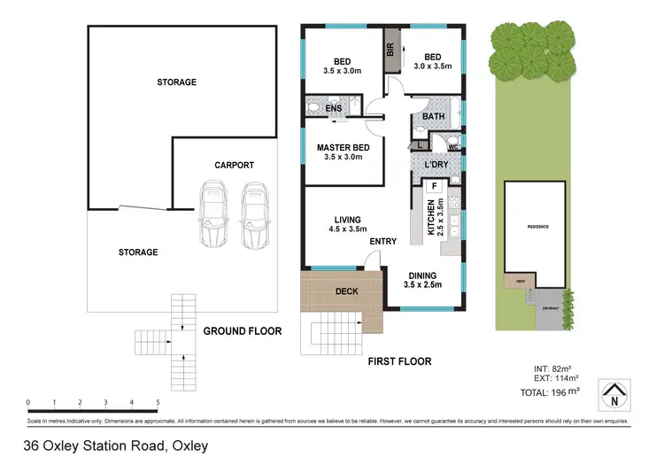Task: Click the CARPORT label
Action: (234, 165)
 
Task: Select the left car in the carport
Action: (214, 215)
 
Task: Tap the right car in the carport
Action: (255, 215)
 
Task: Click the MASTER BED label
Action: (343, 147)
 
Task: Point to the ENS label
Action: (334, 109)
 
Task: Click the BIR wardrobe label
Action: (390, 50)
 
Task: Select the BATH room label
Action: (433, 116)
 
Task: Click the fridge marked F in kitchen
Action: (434, 186)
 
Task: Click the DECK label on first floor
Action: (346, 291)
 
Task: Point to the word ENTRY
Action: (383, 241)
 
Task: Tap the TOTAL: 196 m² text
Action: (550, 391)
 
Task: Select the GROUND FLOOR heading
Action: (242, 331)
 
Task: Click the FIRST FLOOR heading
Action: (399, 361)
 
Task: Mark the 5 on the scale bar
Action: (158, 402)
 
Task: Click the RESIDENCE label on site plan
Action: (537, 227)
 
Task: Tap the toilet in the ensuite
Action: (313, 108)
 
